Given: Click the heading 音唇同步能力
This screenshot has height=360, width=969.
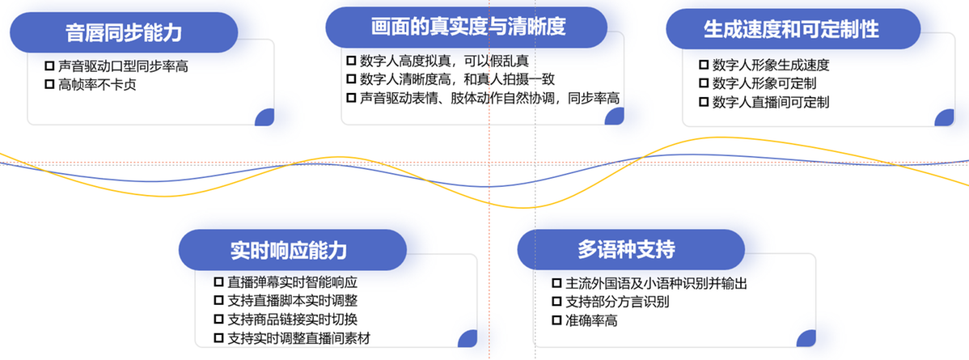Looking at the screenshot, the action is [124, 32].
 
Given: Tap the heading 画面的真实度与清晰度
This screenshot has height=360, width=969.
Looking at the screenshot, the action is [468, 28].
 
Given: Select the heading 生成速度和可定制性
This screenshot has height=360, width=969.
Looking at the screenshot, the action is [791, 29].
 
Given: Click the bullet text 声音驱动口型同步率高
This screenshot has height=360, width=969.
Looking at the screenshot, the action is [124, 66].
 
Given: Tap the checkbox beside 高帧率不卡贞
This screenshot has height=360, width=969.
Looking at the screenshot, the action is [50, 84].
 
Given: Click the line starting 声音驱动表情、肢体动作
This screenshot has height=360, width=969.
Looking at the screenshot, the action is [489, 98].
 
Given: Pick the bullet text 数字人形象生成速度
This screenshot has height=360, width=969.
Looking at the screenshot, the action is [771, 65].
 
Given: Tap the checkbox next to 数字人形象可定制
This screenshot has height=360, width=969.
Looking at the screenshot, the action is [703, 83].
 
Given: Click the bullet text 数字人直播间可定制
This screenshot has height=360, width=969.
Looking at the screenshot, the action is [771, 102].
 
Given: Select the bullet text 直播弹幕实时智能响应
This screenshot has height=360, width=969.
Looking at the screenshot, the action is [293, 282].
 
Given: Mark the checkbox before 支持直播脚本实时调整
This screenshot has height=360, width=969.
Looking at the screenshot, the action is [218, 301].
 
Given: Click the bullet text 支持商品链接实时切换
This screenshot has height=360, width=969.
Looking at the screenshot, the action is [293, 320].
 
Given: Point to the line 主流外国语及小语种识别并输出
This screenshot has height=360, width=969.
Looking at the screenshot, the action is [657, 283].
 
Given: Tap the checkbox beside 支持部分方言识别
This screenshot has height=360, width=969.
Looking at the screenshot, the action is [556, 302].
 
